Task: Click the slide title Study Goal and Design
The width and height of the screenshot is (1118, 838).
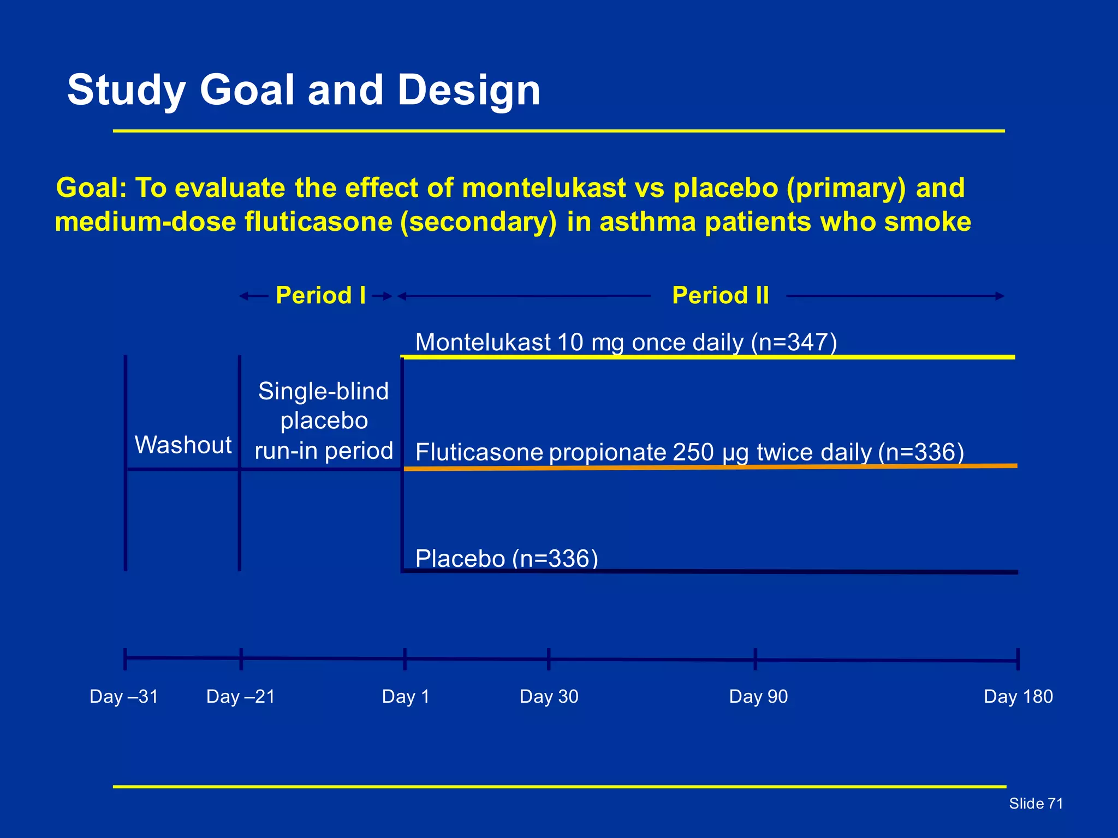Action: click(304, 90)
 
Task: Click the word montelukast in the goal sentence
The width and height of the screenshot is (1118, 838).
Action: click(543, 188)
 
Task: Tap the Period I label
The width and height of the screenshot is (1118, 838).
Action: click(320, 295)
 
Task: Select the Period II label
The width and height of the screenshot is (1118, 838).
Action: click(720, 295)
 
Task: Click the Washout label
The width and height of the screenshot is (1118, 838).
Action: click(183, 445)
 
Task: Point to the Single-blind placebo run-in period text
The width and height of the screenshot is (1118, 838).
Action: click(324, 421)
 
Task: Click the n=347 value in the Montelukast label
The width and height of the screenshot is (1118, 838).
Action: click(794, 343)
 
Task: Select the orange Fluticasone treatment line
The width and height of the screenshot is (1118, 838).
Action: click(710, 467)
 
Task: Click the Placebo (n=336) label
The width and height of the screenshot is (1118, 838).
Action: click(507, 558)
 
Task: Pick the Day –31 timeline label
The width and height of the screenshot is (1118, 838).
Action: click(124, 696)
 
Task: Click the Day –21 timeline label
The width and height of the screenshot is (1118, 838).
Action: click(241, 696)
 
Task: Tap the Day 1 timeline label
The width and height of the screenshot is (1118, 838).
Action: click(406, 696)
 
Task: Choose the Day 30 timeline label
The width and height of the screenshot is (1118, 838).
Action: click(549, 696)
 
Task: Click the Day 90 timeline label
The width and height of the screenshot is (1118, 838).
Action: click(758, 696)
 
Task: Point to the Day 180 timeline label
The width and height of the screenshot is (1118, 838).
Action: click(1018, 696)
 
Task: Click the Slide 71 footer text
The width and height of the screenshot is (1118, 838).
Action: click(1036, 803)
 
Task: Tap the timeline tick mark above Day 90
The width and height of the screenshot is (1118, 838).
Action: click(755, 659)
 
